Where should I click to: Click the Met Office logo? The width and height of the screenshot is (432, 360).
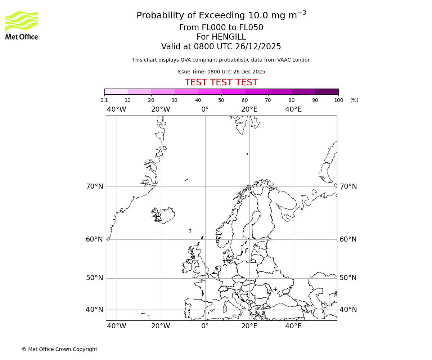(x=22, y=25)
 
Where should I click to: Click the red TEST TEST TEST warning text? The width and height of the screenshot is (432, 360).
(x=221, y=82)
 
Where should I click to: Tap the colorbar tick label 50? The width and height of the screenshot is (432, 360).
(x=221, y=100)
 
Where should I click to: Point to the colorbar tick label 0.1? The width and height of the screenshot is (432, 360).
(x=104, y=100)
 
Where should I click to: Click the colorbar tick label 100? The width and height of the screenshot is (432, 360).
(x=338, y=100)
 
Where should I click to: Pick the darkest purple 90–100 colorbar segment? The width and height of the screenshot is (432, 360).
(x=327, y=91)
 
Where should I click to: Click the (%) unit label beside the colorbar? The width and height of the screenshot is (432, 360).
(x=354, y=100)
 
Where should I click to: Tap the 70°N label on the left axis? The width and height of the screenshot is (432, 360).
(x=94, y=186)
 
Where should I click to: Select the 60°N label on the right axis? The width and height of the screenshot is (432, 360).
(x=348, y=239)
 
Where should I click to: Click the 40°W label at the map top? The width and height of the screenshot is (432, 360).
(x=117, y=109)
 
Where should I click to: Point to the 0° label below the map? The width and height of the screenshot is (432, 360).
(x=205, y=326)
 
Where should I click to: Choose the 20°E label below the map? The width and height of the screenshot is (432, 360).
(x=249, y=326)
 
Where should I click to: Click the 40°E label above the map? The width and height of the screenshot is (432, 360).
(x=293, y=109)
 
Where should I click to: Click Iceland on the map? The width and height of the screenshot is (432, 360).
(x=165, y=215)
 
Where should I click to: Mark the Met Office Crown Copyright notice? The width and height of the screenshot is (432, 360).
(x=59, y=349)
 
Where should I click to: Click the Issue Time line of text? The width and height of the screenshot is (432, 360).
(x=221, y=72)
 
